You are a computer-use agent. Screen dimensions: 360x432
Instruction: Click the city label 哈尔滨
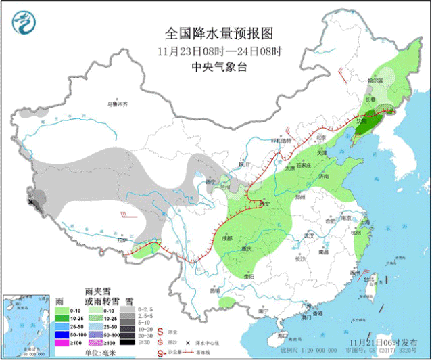coord(375,81)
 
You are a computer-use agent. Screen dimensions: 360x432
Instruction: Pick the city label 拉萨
coord(122,240)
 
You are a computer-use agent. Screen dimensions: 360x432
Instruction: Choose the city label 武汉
coord(308,236)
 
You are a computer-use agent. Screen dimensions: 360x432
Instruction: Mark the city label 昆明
coord(215,291)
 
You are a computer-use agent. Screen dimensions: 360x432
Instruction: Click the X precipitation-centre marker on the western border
coord(30,202)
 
